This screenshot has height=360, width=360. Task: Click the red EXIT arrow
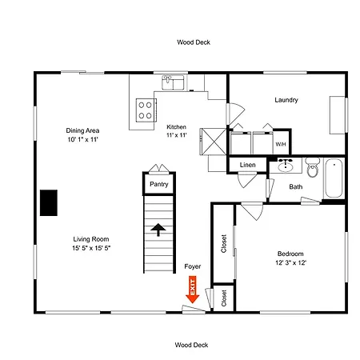192,290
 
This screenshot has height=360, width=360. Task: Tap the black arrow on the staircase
158,230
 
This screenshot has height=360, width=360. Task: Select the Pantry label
159,184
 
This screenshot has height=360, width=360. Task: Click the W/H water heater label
281,144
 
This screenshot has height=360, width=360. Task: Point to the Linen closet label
247,165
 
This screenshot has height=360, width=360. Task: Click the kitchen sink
173,82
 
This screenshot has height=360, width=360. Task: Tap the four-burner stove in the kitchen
146,110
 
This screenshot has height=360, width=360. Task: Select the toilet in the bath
312,167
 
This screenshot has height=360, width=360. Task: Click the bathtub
334,178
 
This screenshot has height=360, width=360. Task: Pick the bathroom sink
286,166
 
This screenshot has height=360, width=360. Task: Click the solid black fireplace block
49,202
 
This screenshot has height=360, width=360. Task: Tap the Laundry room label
286,100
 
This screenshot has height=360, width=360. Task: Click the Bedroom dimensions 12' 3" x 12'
290,262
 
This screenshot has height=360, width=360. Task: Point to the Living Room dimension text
91,248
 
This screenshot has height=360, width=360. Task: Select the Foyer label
193,266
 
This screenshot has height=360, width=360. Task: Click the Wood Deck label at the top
194,42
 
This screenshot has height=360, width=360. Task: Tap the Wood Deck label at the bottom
191,345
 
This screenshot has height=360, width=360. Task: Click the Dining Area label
82,130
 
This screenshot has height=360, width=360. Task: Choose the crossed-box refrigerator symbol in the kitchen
213,142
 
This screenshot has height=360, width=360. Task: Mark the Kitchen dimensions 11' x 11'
176,135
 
